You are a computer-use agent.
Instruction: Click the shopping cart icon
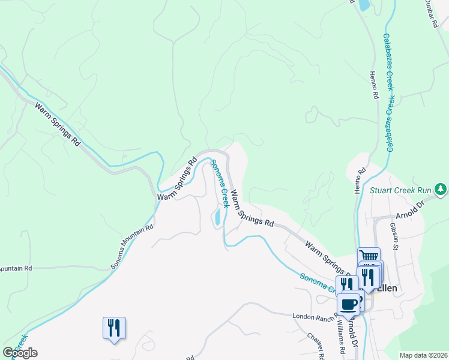[369, 256]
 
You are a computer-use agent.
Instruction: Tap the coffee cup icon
[349, 304]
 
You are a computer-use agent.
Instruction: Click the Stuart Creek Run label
[401, 190]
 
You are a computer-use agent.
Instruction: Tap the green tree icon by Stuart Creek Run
[441, 190]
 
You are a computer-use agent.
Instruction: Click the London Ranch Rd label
[312, 316]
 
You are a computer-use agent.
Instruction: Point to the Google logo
[20, 353]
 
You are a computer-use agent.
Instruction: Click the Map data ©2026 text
[423, 355]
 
